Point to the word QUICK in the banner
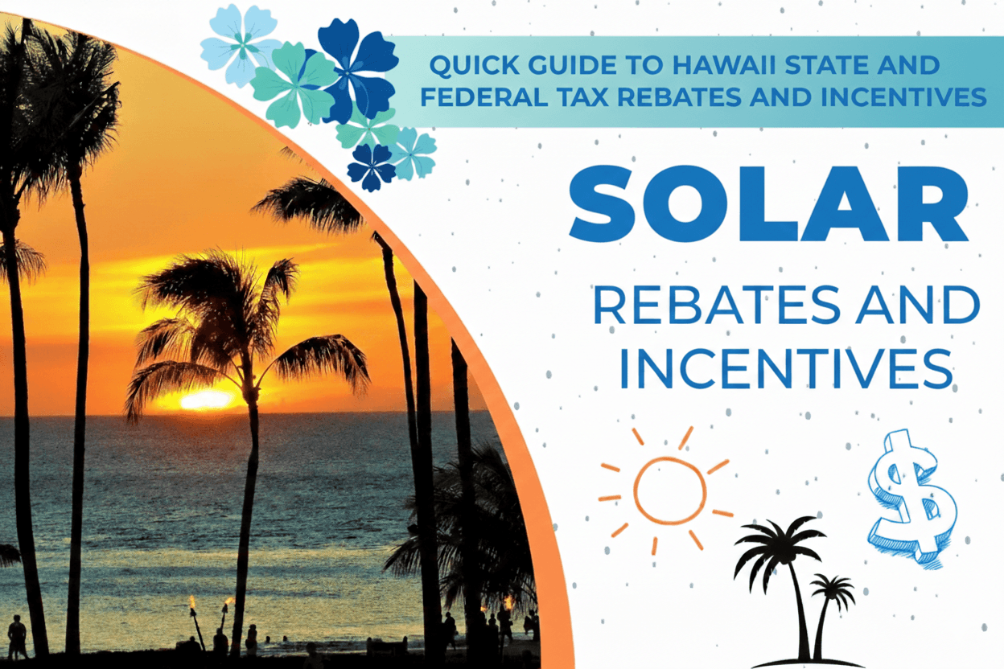coord(466,64)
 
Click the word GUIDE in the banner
coord(558,64)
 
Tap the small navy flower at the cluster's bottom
coord(372,167)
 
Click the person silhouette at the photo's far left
coord(16,637)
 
